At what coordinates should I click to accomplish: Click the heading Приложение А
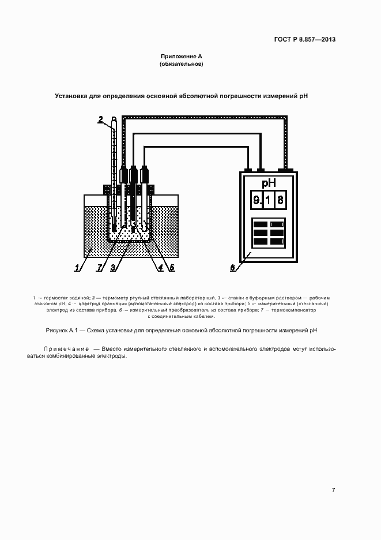(181, 57)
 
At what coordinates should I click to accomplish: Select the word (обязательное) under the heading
(181, 64)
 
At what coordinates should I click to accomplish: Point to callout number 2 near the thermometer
(100, 119)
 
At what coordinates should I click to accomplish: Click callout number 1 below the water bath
(76, 267)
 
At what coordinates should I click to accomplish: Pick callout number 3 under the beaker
(113, 267)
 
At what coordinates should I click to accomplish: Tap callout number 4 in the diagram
(160, 267)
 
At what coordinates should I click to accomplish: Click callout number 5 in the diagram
(172, 267)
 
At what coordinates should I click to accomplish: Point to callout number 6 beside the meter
(233, 268)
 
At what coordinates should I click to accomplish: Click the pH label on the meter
(268, 183)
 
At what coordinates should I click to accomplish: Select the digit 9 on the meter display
(256, 201)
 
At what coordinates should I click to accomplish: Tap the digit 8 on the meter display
(281, 201)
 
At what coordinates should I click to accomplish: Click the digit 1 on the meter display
(269, 201)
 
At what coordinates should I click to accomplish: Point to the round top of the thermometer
(114, 121)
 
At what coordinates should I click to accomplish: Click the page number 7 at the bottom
(333, 490)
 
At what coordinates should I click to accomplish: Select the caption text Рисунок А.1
(61, 331)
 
